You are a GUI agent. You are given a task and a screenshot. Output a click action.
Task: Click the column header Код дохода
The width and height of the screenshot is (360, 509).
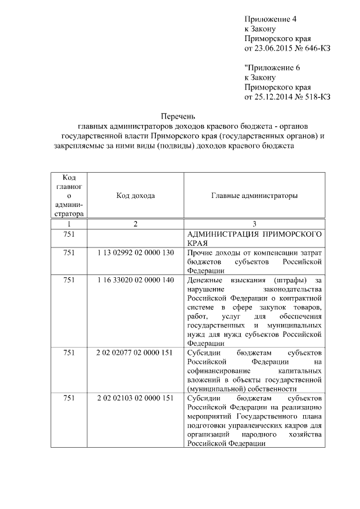click(x=136, y=196)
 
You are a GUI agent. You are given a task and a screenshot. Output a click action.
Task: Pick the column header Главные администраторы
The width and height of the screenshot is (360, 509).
click(x=254, y=196)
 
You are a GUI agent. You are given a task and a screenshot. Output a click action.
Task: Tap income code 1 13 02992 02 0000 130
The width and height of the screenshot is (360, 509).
click(x=136, y=252)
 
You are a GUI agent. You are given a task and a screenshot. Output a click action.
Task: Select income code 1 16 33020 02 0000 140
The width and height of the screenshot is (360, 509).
click(x=136, y=280)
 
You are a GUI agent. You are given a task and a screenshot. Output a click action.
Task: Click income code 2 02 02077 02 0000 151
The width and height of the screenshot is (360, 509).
click(x=136, y=353)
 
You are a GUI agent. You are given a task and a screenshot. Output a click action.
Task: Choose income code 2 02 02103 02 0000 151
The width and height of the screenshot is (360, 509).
click(x=136, y=399)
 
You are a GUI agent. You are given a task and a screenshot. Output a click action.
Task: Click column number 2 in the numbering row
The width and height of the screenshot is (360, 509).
click(x=136, y=224)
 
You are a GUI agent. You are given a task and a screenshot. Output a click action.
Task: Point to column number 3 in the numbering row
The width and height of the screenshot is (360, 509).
click(x=254, y=224)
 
